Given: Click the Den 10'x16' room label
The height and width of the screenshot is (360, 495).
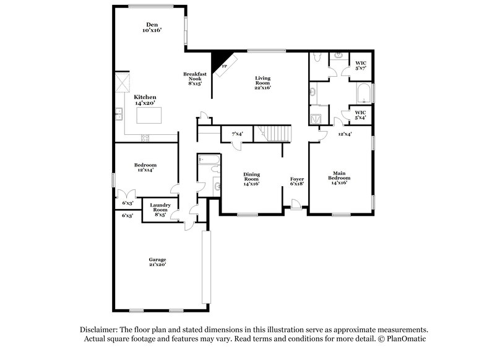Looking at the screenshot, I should (152, 27).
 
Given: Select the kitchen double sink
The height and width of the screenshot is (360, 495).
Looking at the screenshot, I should (118, 113).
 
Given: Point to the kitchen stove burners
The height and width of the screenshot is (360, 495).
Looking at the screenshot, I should (146, 137).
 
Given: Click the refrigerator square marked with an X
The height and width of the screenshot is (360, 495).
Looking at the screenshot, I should (123, 83).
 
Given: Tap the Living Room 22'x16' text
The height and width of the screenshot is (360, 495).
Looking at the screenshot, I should (264, 82).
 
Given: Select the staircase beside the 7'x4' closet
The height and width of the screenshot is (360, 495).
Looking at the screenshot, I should (274, 133).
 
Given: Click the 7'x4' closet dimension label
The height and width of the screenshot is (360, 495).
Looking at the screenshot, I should (237, 134).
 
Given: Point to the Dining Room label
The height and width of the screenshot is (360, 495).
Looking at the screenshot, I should (251, 179).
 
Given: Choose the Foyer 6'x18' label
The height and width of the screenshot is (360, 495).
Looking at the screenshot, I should (297, 182).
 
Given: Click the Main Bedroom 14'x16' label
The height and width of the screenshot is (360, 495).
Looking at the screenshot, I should (339, 178).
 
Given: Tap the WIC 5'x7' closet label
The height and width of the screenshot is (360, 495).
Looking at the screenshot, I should (359, 66).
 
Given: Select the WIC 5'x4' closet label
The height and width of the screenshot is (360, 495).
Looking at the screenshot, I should (359, 115).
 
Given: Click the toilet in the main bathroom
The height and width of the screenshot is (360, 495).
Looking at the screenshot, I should (315, 59).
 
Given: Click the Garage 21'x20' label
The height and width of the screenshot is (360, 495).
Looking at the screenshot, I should (157, 262).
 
